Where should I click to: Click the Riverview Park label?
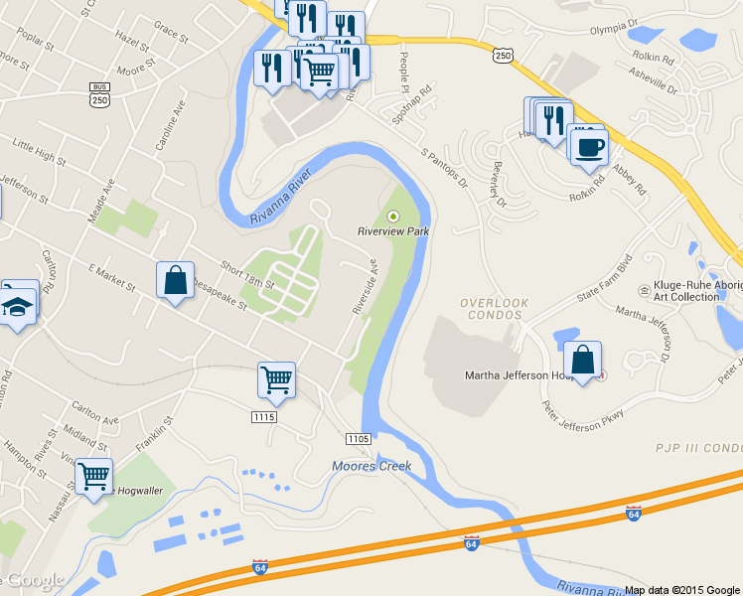tap(393, 231)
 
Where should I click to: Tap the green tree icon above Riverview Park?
tap(393, 215)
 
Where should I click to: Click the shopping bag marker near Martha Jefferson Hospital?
tap(582, 361)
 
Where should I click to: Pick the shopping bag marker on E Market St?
tap(175, 281)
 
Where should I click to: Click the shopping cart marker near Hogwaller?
tap(93, 477)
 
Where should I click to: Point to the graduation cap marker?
tap(18, 304)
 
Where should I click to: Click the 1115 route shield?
tap(263, 417)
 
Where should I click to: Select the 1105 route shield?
tap(358, 439)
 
